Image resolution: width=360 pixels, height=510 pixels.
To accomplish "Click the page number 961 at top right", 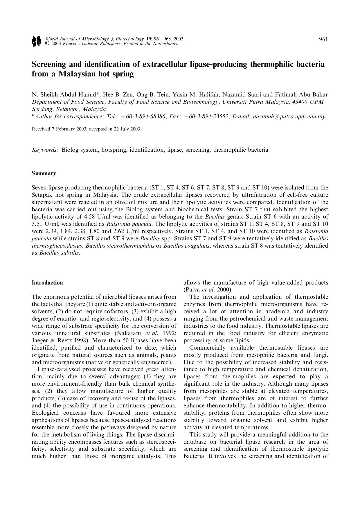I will tap(323, 39).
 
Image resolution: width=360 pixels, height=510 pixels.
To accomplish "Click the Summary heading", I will tap(44, 173).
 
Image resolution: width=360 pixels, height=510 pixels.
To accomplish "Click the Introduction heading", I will tap(47, 283).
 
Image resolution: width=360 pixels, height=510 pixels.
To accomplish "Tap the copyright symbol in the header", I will tap(47, 44).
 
